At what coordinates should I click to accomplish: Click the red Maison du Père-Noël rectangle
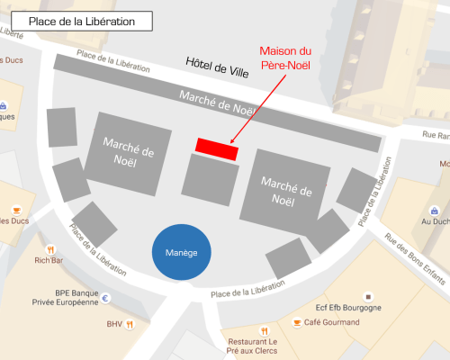coord(217,148)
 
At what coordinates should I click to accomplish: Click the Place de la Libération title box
coord(82,21)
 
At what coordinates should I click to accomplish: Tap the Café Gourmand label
coord(331,322)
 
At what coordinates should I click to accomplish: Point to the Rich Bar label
coord(49,261)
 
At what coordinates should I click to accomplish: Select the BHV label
coord(113,324)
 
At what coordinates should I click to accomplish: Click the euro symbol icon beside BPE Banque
coord(105,299)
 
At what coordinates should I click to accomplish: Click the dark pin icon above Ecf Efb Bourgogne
coord(367,295)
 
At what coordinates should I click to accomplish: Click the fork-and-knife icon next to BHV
coord(130,324)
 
